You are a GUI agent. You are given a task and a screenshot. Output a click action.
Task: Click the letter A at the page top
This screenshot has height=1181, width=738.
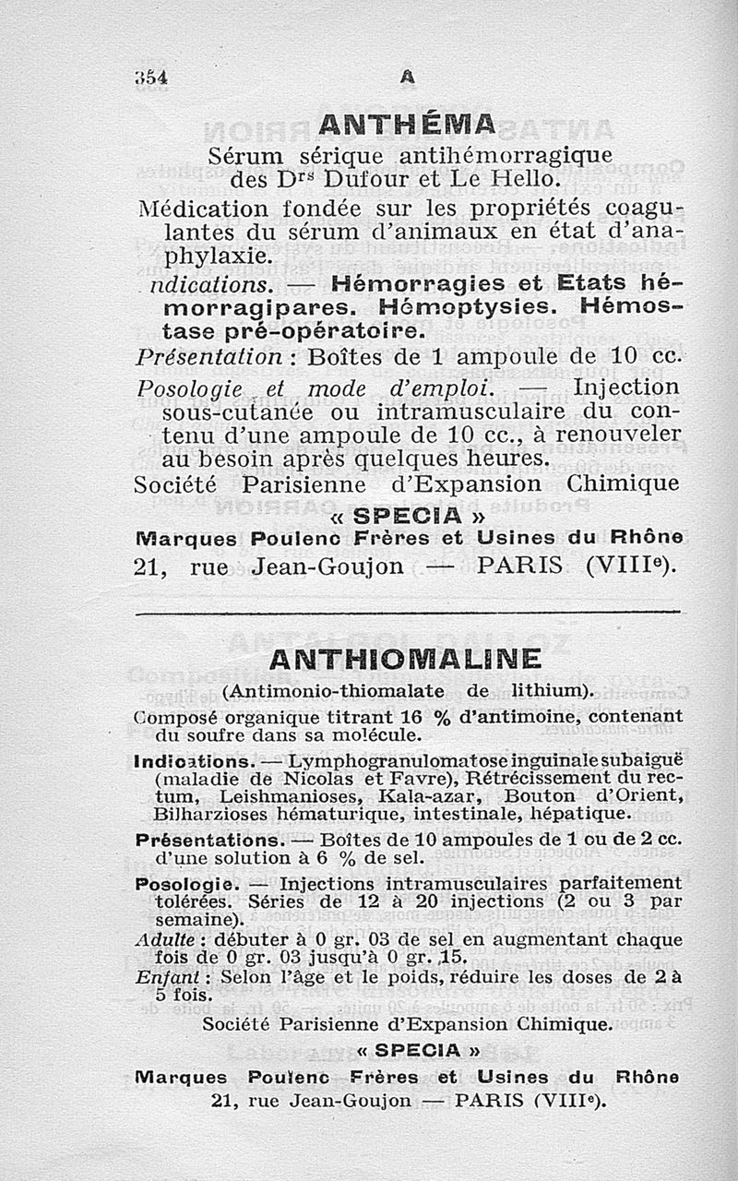click(x=407, y=79)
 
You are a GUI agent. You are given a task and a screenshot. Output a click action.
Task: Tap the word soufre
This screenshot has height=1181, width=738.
click(x=214, y=735)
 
